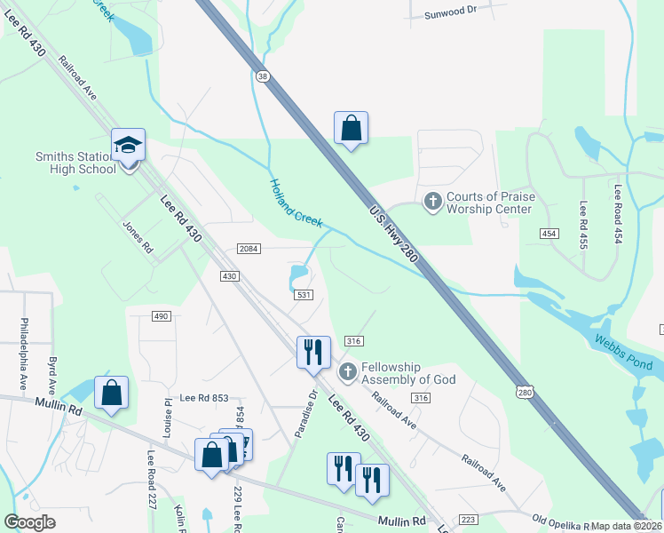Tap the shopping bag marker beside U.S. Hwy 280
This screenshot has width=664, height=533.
pos(352,128)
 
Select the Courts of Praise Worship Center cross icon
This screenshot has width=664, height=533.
pos(433,202)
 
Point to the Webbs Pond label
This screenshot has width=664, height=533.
pos(625,354)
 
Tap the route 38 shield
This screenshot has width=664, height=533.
pos(261,77)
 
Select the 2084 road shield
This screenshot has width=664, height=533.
pos(249,249)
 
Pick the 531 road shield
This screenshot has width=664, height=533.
pos(304,295)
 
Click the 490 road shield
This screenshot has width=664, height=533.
pos(161,316)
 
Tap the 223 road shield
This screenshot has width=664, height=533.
pos(468,519)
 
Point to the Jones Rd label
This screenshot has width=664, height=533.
pos(138,237)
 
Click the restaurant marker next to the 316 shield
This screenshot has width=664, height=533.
pos(312,352)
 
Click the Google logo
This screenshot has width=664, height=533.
pos(29,522)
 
